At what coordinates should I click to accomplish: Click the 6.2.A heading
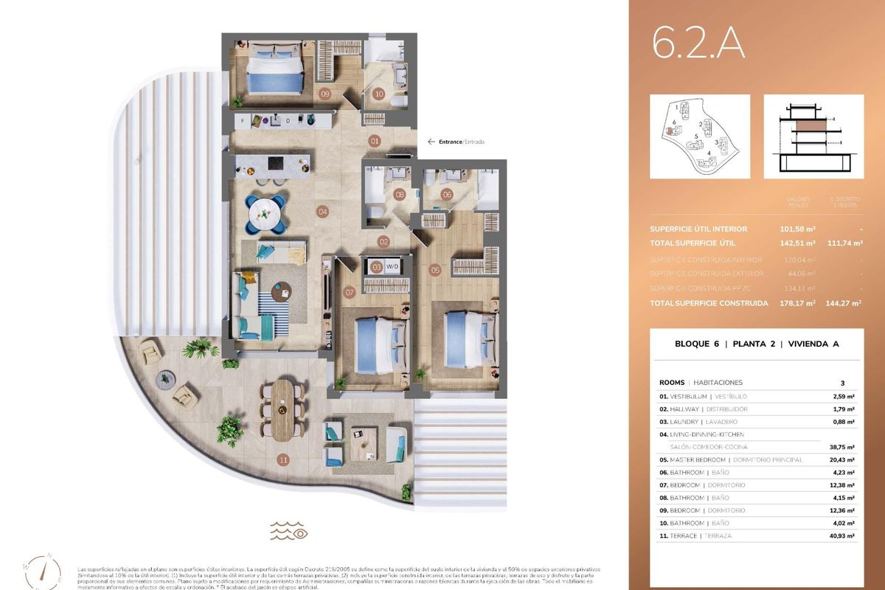698,44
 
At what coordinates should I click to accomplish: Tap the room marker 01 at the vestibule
375,141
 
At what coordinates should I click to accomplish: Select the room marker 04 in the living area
322,212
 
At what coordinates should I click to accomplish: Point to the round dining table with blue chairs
263,213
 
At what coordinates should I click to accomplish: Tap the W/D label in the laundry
392,266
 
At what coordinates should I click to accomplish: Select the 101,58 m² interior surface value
796,229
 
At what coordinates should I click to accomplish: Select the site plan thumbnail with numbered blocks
699,136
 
